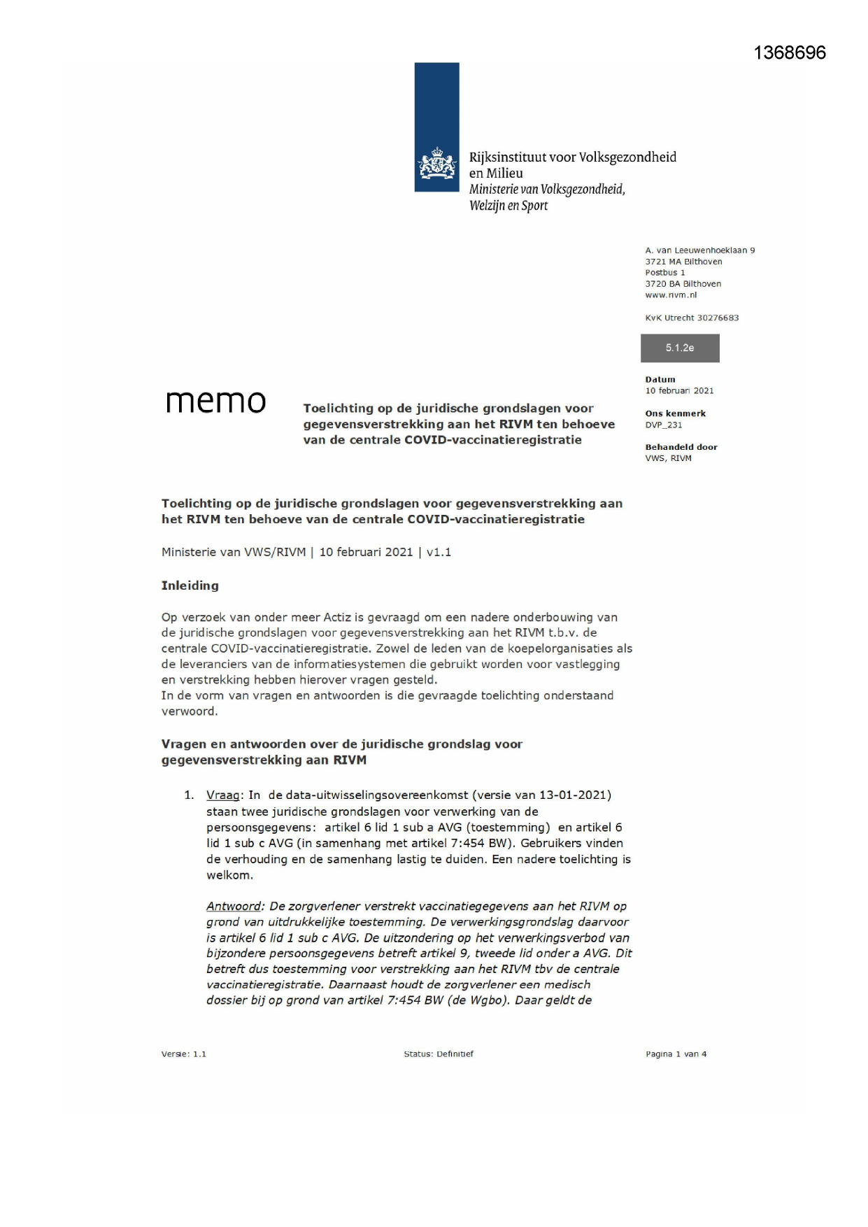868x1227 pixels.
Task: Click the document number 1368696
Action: click(790, 53)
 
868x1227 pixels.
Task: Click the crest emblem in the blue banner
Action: click(436, 163)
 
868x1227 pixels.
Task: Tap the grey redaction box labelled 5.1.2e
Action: click(680, 348)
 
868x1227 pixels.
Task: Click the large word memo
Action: click(215, 402)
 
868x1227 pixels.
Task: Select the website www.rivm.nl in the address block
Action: click(671, 295)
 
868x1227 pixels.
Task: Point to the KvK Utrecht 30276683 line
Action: click(692, 318)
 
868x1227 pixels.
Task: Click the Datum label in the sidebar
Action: click(660, 380)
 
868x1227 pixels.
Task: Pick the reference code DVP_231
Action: click(664, 425)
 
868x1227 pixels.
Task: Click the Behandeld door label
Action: click(681, 447)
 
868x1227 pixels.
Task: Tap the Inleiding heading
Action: click(190, 586)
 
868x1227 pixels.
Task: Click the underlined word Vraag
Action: click(222, 795)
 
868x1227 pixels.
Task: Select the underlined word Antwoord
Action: click(233, 907)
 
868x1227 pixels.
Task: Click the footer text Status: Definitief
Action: click(439, 1054)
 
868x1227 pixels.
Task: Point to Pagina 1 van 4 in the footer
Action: click(676, 1054)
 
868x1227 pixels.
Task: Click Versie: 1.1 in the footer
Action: click(183, 1054)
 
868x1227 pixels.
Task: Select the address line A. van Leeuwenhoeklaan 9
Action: click(700, 250)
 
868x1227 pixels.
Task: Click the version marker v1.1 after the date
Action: click(439, 552)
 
